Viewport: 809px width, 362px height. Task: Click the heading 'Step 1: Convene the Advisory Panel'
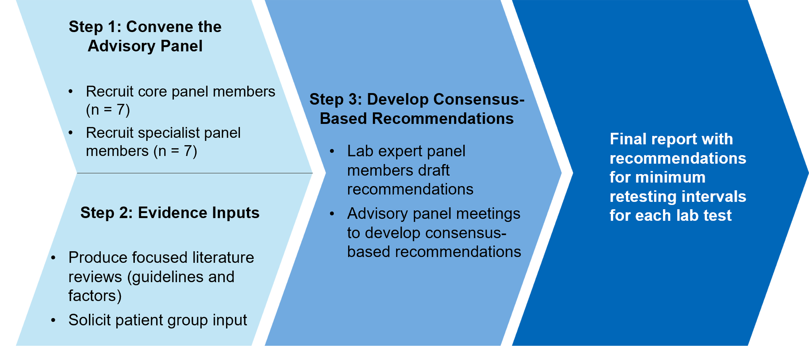(145, 36)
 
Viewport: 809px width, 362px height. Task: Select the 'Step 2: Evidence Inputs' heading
(170, 213)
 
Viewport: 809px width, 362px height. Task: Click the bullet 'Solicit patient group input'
(157, 320)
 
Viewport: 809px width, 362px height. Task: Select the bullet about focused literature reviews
(161, 276)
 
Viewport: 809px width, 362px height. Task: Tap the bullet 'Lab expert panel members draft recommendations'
(410, 170)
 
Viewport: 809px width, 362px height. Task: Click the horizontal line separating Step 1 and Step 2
(195, 173)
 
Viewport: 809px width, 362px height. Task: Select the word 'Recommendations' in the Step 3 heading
(443, 119)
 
